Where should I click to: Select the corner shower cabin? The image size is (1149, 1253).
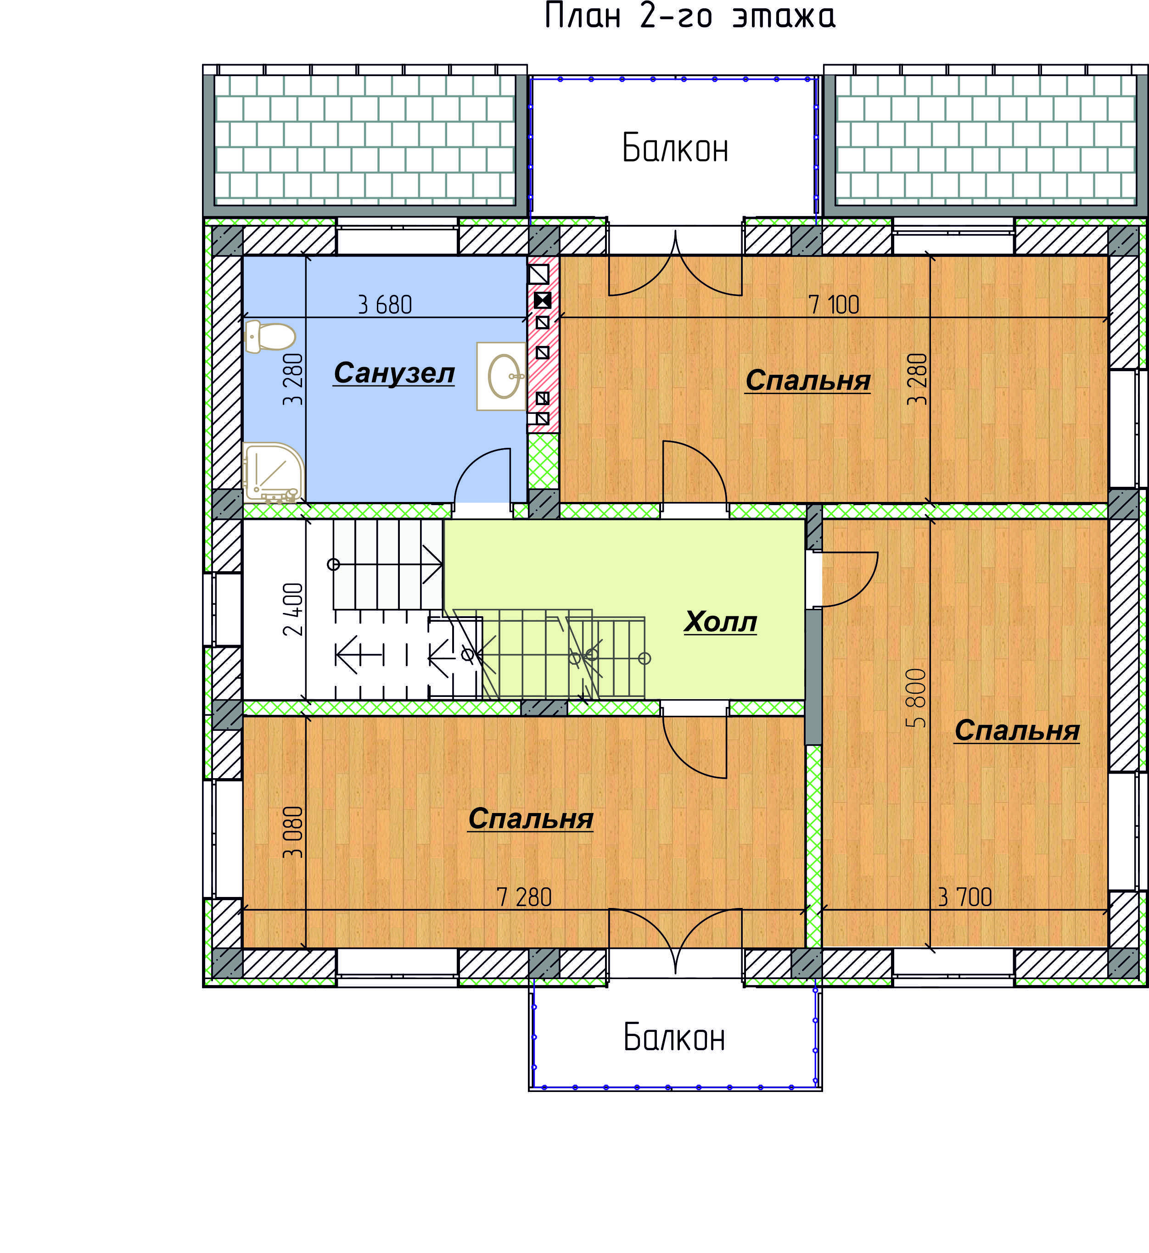pyautogui.click(x=273, y=473)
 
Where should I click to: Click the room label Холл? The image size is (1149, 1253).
pyautogui.click(x=721, y=622)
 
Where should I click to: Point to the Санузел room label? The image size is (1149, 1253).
pyautogui.click(x=394, y=373)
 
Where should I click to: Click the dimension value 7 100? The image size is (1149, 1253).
pyautogui.click(x=833, y=305)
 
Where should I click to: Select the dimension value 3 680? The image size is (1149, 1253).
pyautogui.click(x=385, y=305)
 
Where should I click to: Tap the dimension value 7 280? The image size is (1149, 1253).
pyautogui.click(x=524, y=897)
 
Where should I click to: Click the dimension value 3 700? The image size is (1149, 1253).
pyautogui.click(x=964, y=897)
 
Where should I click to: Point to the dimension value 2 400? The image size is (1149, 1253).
pyautogui.click(x=293, y=609)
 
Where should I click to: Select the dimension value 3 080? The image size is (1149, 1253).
pyautogui.click(x=293, y=832)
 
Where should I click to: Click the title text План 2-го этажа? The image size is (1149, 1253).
pyautogui.click(x=690, y=16)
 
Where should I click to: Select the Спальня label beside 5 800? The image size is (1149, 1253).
pyautogui.click(x=1017, y=730)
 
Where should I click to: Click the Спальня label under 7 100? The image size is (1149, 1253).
pyautogui.click(x=808, y=380)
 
